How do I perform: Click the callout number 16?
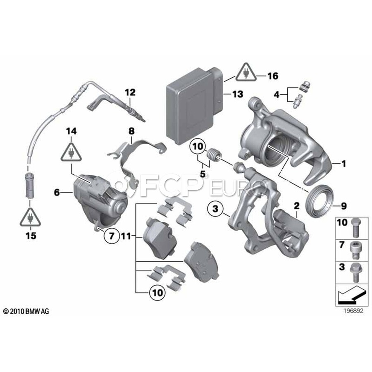273,76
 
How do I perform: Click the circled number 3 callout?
215,209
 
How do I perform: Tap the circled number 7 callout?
112,236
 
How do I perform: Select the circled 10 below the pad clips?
157,292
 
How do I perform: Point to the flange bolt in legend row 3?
355,272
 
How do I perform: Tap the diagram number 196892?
353,311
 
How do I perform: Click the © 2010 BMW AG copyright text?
26,311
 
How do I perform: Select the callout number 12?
130,92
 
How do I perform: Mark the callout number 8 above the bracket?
131,131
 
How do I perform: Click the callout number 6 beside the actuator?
57,192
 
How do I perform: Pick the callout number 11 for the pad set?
126,236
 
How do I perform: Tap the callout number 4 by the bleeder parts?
277,95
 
